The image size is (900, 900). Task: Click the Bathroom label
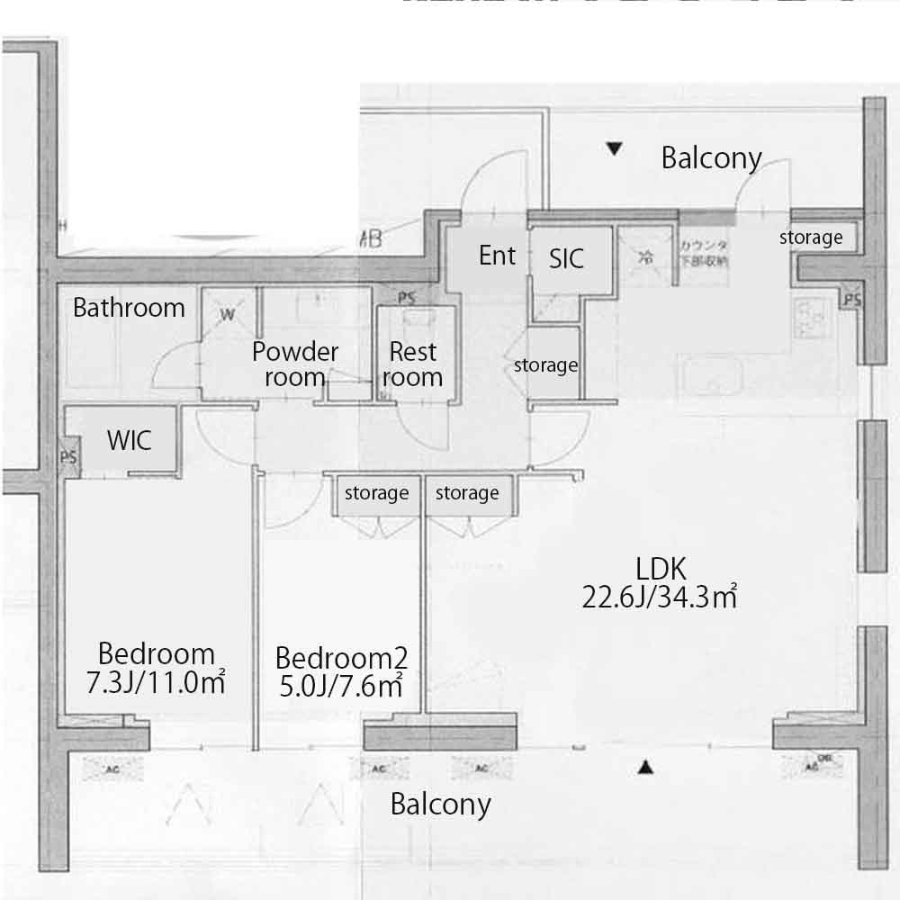[129, 308]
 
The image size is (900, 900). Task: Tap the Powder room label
[294, 364]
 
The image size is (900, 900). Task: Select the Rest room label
[413, 364]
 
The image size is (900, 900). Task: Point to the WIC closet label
[129, 441]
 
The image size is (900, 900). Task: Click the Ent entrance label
[497, 256]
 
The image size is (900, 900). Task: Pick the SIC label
[566, 259]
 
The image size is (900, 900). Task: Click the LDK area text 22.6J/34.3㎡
[660, 596]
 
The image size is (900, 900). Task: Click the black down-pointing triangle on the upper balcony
[614, 149]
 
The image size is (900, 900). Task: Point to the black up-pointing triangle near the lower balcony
[644, 768]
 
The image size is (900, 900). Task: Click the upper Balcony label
[711, 158]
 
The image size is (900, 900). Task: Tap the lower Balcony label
[440, 804]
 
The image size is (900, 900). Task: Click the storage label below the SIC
[545, 365]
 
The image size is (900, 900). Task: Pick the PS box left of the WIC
[68, 456]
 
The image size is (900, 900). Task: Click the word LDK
[661, 568]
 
